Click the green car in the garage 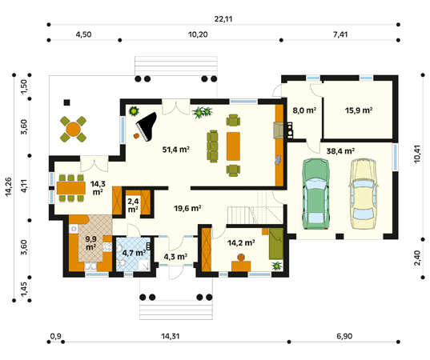pyautogui.click(x=315, y=194)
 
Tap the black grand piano pyautogui.click(x=147, y=126)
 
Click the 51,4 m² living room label pyautogui.click(x=176, y=150)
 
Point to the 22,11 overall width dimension pyautogui.click(x=223, y=19)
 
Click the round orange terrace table pyautogui.click(x=73, y=130)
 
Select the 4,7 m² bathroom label pyautogui.click(x=134, y=253)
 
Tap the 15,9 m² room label pyautogui.click(x=359, y=110)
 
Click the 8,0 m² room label pyautogui.click(x=304, y=110)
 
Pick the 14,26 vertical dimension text pyautogui.click(x=9, y=187)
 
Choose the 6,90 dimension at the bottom pyautogui.click(x=344, y=336)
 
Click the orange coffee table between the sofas pyautogui.click(x=233, y=146)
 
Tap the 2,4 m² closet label pyautogui.click(x=133, y=206)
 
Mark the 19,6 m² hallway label pyautogui.click(x=187, y=209)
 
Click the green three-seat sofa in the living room pyautogui.click(x=212, y=146)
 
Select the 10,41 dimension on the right pyautogui.click(x=417, y=154)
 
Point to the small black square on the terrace pyautogui.click(x=67, y=102)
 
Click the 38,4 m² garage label pyautogui.click(x=340, y=151)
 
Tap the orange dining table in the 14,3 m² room pyautogui.click(x=71, y=188)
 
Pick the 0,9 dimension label pyautogui.click(x=56, y=336)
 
